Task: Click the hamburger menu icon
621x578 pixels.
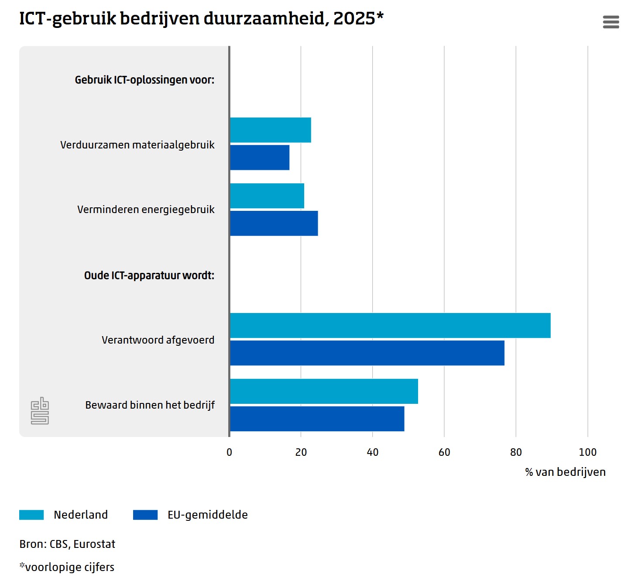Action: tap(611, 22)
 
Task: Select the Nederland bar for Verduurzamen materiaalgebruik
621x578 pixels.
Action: tap(270, 130)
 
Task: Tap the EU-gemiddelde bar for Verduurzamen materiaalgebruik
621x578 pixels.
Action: tap(259, 158)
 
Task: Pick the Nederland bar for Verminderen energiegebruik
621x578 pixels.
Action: tap(267, 196)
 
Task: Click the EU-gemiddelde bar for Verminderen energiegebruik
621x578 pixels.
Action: tap(274, 224)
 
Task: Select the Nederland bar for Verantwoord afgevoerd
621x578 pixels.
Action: tap(390, 325)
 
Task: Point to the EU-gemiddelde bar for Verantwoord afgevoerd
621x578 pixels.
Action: tap(367, 353)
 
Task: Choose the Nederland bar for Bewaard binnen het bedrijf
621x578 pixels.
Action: tap(323, 391)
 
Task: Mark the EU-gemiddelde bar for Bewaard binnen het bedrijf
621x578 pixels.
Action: tap(317, 419)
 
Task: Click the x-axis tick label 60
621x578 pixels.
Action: tap(444, 452)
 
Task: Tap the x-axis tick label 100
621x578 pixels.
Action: tap(587, 452)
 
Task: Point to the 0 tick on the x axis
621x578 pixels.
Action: tap(230, 452)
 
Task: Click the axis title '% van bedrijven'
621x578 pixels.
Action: tap(565, 472)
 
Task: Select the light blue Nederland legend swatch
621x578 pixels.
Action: tap(31, 515)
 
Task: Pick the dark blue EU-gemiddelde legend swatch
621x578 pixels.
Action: tap(145, 515)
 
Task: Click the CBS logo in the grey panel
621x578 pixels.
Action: tap(40, 411)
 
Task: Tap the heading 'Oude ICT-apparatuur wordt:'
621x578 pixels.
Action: tap(149, 275)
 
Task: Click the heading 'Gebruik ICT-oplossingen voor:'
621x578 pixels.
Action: tap(144, 80)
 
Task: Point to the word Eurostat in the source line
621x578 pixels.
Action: tap(94, 544)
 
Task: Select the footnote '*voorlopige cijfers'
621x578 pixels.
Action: tap(67, 567)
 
